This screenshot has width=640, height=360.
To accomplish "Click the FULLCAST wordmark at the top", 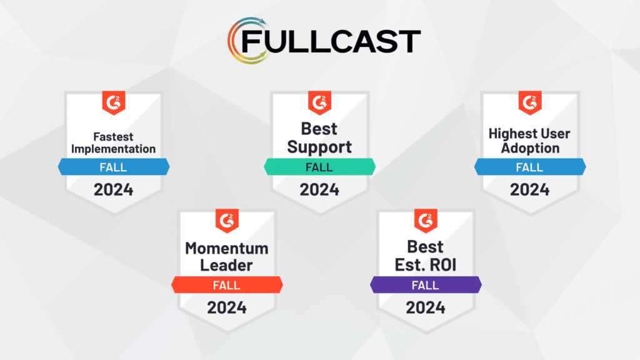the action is point(331,41).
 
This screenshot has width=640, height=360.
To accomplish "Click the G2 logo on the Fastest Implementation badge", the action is point(114,102).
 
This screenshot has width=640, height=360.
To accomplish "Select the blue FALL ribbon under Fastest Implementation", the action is point(114,167).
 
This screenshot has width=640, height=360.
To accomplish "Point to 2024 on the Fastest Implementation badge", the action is point(114,190).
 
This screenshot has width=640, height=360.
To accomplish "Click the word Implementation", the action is point(114,149).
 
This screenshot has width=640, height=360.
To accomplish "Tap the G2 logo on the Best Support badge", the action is point(319,102).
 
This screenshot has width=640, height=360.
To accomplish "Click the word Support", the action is point(319,147).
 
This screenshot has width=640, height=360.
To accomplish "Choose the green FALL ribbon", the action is point(319,167).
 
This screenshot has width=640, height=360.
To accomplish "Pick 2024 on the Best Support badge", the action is point(319,190).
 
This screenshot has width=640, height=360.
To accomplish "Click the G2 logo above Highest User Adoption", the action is point(530,102).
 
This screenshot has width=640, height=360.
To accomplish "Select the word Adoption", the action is point(530,148).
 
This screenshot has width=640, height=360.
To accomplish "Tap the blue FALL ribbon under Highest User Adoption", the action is point(530,167).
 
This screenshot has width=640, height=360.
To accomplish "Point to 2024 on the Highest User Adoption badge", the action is point(530,190).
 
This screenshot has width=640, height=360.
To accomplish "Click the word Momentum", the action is point(227,248).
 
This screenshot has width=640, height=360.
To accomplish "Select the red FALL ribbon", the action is point(227,285).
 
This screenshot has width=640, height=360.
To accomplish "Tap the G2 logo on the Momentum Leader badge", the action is point(227,221).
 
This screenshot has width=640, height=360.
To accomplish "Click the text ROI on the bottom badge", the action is point(442,265).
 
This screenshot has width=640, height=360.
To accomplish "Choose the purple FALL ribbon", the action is point(426,285).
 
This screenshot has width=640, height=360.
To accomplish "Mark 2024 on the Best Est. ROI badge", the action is point(426,307).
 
